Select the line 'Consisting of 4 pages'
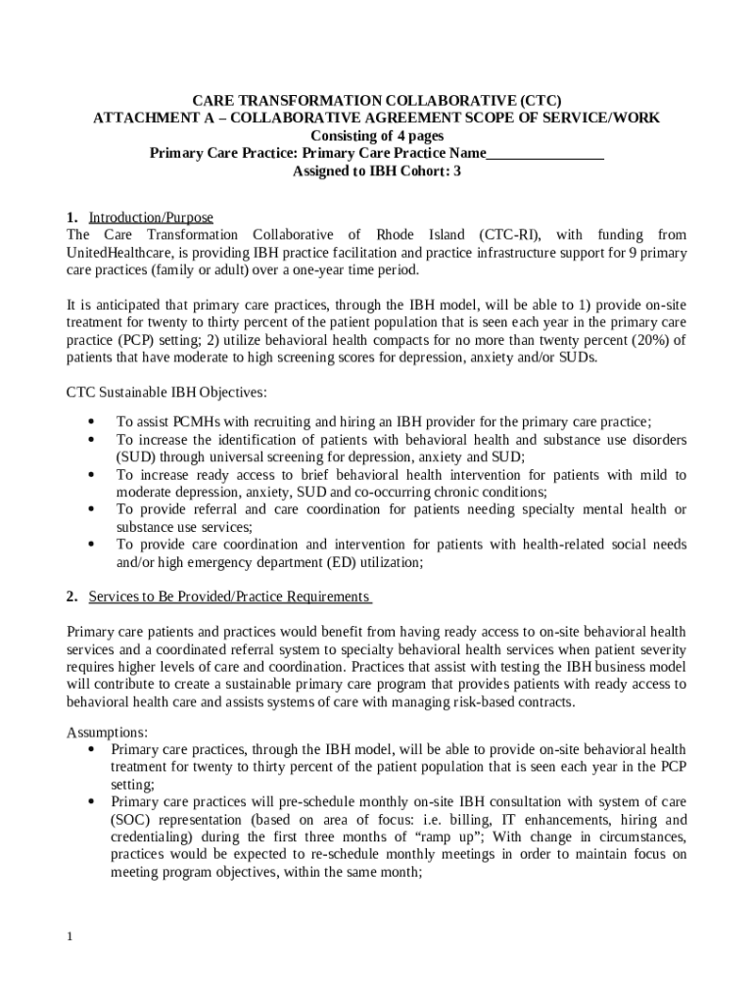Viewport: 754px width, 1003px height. tap(377, 135)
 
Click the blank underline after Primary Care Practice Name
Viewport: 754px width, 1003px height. tap(544, 153)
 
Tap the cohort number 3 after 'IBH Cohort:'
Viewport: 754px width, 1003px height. tap(456, 170)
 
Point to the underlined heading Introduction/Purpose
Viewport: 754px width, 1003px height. tap(151, 217)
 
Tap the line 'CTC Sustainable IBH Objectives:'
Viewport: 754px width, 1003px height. tap(165, 393)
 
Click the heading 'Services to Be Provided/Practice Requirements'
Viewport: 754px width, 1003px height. tap(229, 597)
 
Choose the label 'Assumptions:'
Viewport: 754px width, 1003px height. tap(107, 732)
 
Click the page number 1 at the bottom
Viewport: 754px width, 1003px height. tap(71, 937)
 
